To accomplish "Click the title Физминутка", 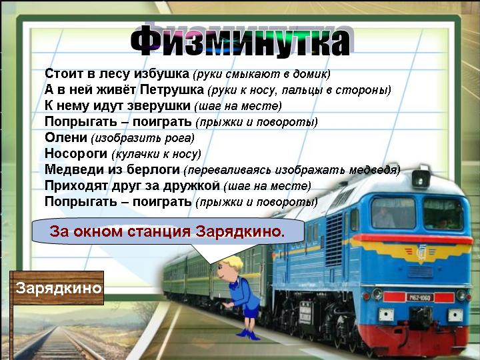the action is tap(241, 41).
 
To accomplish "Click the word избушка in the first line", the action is tap(162, 74).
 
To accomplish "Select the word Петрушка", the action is tap(172, 90).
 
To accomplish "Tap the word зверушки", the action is tap(159, 106).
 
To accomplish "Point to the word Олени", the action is tap(66, 137).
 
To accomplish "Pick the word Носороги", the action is tap(76, 153).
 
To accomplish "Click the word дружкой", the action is tap(191, 185).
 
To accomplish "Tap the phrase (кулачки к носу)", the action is tap(156, 154).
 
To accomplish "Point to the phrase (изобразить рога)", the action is tap(143, 138).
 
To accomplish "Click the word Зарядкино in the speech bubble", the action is tap(240, 231).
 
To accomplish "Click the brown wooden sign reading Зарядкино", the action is tap(57, 288).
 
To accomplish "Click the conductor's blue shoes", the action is tap(248, 334).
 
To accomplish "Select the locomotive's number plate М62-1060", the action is tap(419, 297).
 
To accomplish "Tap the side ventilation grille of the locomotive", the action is tap(334, 239).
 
